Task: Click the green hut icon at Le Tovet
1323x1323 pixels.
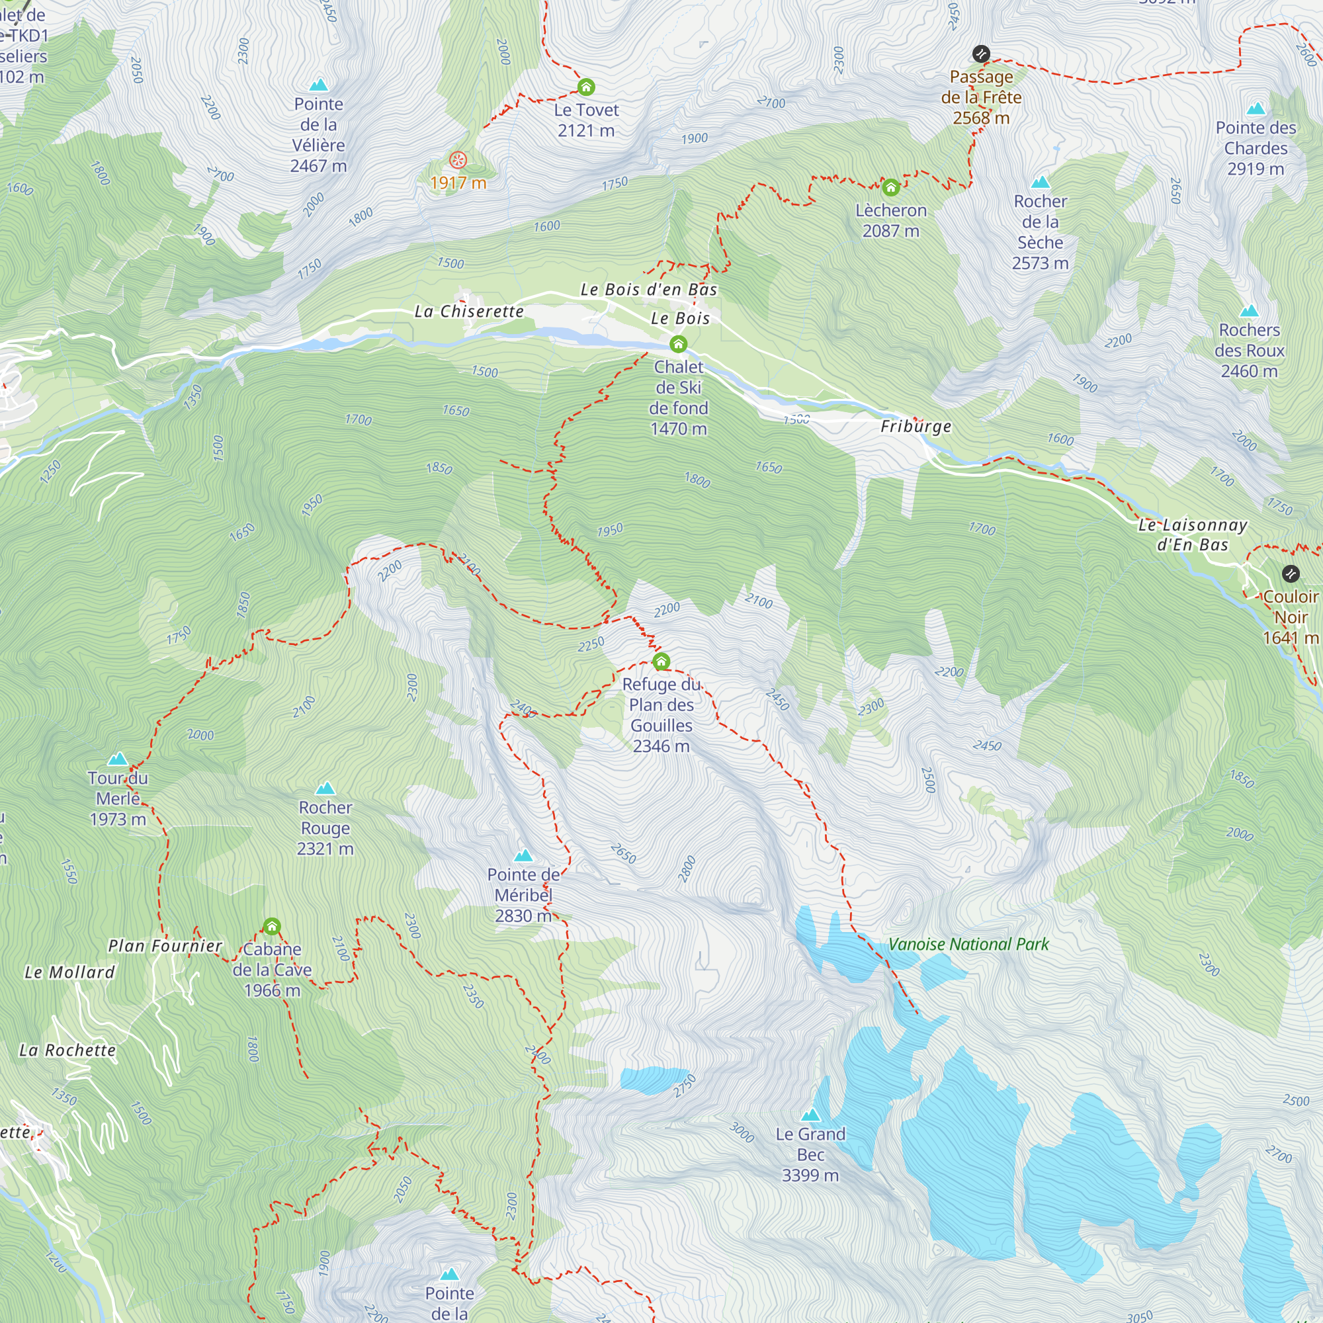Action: pyautogui.click(x=586, y=87)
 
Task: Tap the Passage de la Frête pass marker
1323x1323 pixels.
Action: pyautogui.click(x=980, y=54)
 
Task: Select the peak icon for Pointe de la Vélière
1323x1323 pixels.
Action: pyautogui.click(x=318, y=85)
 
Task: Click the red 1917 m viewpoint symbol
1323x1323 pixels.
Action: pyautogui.click(x=458, y=160)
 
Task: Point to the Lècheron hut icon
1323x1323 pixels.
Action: pyautogui.click(x=890, y=187)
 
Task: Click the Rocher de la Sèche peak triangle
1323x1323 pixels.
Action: pyautogui.click(x=1040, y=182)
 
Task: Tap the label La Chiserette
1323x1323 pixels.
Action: pyautogui.click(x=469, y=312)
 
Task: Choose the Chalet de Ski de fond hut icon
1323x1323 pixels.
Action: pyautogui.click(x=678, y=344)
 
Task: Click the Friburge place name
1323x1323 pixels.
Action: pyautogui.click(x=916, y=427)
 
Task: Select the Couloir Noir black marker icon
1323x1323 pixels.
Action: pyautogui.click(x=1290, y=573)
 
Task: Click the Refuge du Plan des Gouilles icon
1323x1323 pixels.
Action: pyautogui.click(x=661, y=661)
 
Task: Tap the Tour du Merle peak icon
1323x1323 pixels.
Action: pyautogui.click(x=118, y=759)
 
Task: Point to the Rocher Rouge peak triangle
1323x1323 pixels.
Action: pyautogui.click(x=325, y=789)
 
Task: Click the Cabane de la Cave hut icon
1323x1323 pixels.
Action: pyautogui.click(x=272, y=927)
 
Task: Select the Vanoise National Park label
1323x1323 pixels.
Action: pyautogui.click(x=968, y=945)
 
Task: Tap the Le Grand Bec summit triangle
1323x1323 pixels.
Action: pyautogui.click(x=810, y=1115)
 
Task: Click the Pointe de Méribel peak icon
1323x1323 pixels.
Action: pyautogui.click(x=523, y=855)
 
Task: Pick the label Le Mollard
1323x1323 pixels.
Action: pyautogui.click(x=70, y=972)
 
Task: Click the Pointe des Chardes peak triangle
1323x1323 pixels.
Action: pyautogui.click(x=1256, y=109)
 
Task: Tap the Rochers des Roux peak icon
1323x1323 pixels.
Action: pyautogui.click(x=1249, y=311)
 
